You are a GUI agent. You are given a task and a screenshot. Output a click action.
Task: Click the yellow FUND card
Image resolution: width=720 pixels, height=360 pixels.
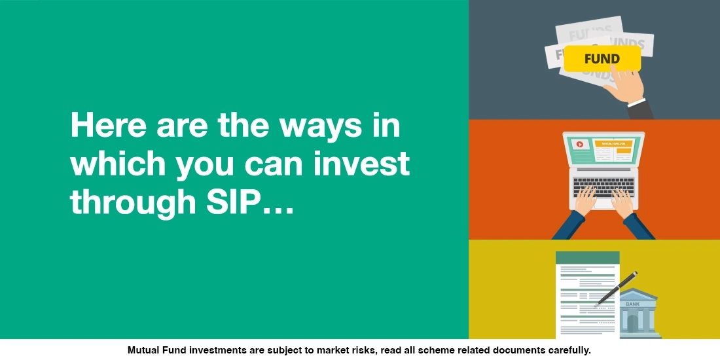pos(602,59)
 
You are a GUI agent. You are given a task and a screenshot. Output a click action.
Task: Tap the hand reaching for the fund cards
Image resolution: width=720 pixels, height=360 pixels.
pos(625,88)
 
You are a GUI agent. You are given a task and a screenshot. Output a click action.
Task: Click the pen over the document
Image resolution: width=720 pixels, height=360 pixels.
pos(616,289)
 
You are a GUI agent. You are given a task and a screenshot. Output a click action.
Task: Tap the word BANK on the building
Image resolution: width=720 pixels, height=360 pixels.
pos(632,304)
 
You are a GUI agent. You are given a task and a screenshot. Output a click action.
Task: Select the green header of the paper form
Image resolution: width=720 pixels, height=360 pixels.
pos(587,258)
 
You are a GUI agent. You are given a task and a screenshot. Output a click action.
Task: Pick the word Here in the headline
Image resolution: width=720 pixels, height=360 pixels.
pos(106,125)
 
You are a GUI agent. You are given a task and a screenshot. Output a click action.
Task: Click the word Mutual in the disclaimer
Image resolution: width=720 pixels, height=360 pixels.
pos(145,350)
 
